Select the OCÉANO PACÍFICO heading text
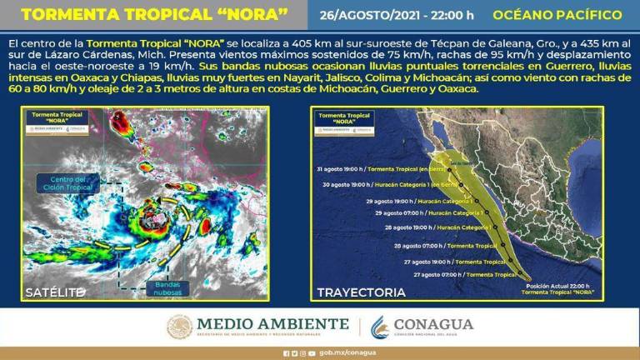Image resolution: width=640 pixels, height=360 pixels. pyautogui.click(x=557, y=16)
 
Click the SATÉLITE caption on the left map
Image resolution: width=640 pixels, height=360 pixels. pyautogui.click(x=54, y=292)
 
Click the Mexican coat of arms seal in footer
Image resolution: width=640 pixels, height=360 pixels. pyautogui.click(x=179, y=327)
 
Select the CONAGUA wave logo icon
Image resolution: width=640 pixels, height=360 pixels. pyautogui.click(x=380, y=327)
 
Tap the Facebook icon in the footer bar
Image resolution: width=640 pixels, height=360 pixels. pyautogui.click(x=285, y=352)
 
